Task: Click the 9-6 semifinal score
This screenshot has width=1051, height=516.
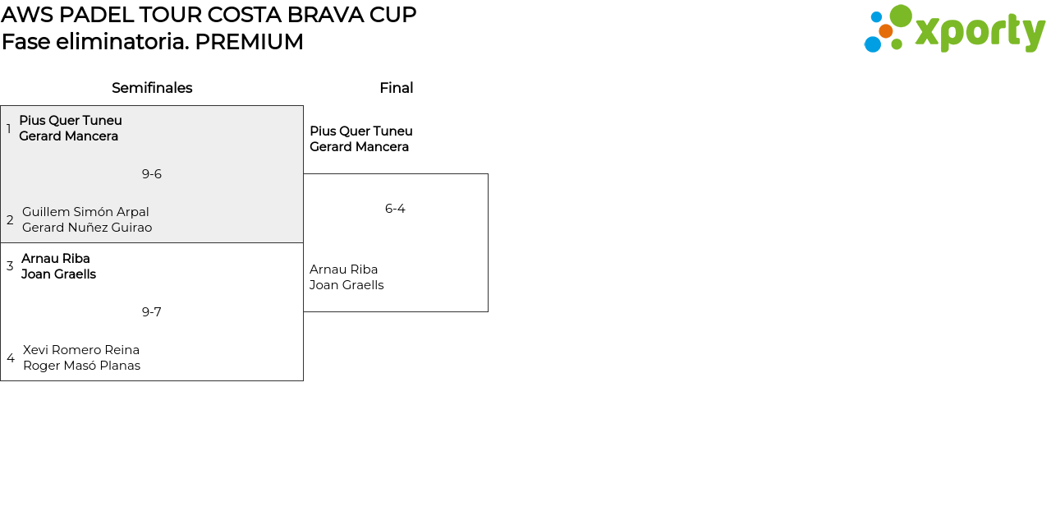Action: click(152, 174)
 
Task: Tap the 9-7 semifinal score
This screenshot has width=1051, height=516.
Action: click(152, 312)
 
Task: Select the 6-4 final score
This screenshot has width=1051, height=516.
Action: click(395, 209)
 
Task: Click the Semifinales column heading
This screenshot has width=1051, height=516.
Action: click(152, 88)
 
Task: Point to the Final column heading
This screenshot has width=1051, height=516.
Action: click(396, 88)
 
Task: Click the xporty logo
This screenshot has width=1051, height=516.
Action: click(954, 30)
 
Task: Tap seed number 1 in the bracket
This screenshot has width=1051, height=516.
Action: click(9, 129)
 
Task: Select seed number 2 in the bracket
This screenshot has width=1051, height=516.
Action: click(10, 220)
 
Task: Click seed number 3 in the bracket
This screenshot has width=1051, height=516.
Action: click(10, 266)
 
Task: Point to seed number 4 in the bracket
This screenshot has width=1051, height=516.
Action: click(11, 358)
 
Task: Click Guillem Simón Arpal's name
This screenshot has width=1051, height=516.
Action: click(85, 212)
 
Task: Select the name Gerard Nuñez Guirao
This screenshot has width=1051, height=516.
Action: click(87, 228)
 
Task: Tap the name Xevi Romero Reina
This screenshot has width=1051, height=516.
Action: click(81, 350)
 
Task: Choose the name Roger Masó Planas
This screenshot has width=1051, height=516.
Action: click(81, 366)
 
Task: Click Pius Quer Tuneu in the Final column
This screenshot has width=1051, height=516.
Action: click(361, 131)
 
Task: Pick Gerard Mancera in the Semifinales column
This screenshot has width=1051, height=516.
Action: click(69, 136)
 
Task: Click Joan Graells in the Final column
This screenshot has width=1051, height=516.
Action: click(347, 285)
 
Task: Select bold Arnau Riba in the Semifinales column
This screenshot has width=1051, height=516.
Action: click(56, 259)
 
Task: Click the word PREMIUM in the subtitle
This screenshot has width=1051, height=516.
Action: click(249, 42)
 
